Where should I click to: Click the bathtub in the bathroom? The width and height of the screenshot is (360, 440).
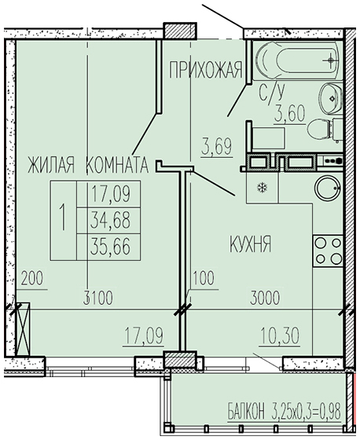(x=298, y=60)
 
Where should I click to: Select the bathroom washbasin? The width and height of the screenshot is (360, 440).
(x=332, y=98)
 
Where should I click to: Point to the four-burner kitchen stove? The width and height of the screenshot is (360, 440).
(x=328, y=251)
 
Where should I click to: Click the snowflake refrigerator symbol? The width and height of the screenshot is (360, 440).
(x=263, y=188)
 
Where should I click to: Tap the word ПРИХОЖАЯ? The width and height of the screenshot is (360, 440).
(x=205, y=70)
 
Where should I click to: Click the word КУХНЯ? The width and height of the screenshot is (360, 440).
(x=251, y=244)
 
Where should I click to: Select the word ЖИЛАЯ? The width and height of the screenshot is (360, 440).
(x=51, y=165)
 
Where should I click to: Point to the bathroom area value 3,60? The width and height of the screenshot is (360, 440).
(x=289, y=113)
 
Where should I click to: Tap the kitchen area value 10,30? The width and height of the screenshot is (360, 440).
(x=279, y=336)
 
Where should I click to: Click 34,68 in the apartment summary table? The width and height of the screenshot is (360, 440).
(x=111, y=220)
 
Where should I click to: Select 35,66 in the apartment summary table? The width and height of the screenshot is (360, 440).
(x=111, y=247)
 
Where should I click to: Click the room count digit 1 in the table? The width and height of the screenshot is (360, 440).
(x=63, y=217)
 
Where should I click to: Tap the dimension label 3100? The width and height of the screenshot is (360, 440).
(x=99, y=298)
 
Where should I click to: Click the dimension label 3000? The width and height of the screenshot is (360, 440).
(x=265, y=298)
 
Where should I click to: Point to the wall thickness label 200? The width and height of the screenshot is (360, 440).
(x=32, y=279)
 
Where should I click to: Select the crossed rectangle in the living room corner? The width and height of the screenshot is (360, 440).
(x=24, y=329)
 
